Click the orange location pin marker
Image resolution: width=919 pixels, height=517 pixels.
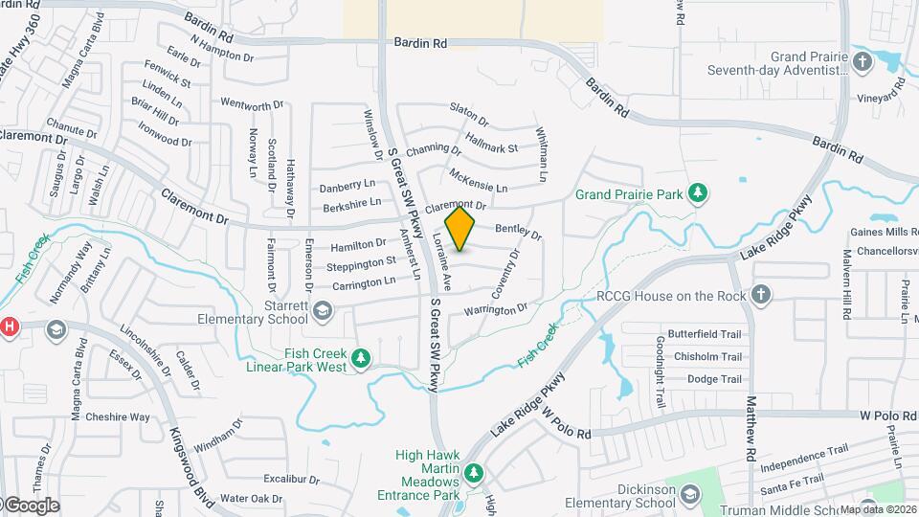point(460,230)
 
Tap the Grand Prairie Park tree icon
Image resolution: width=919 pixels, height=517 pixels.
point(699,193)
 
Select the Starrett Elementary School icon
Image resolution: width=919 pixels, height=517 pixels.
point(323,308)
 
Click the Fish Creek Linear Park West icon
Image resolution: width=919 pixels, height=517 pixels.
point(361,359)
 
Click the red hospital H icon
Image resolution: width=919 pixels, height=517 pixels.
point(9,327)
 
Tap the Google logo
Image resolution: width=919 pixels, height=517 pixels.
point(31,505)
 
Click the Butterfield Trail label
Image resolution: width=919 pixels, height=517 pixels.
point(705,334)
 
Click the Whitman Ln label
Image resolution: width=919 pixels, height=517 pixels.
point(542,155)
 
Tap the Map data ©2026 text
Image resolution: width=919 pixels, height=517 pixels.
point(877,508)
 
